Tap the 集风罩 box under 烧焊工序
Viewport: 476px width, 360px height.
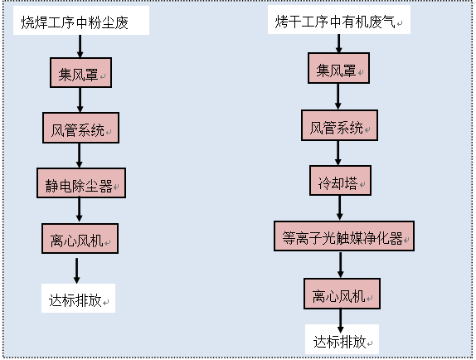pyautogui.click(x=80, y=73)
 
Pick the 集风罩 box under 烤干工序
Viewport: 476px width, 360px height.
pyautogui.click(x=339, y=68)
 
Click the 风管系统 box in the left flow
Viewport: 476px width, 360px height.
pyautogui.click(x=80, y=128)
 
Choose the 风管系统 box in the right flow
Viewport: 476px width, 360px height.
pyautogui.click(x=339, y=125)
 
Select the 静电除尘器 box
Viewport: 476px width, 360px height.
pyautogui.click(x=81, y=183)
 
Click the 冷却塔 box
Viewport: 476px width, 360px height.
pyautogui.click(x=340, y=180)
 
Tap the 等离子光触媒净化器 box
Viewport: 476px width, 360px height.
pyautogui.click(x=344, y=236)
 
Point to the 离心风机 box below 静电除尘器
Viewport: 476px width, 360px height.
pyautogui.click(x=80, y=239)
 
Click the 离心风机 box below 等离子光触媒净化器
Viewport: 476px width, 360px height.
pyautogui.click(x=342, y=294)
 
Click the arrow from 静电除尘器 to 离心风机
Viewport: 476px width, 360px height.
pyautogui.click(x=80, y=210)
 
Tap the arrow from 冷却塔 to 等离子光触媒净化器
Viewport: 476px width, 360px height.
pyautogui.click(x=340, y=208)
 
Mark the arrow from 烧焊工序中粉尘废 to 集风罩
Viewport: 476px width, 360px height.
pyautogui.click(x=80, y=46)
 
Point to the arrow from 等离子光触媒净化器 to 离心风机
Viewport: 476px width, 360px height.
pyautogui.click(x=341, y=265)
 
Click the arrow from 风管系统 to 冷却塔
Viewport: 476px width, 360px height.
pyautogui.click(x=338, y=153)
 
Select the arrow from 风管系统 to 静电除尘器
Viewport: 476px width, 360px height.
pyautogui.click(x=80, y=155)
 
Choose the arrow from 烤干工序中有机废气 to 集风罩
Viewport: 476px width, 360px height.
pyautogui.click(x=339, y=44)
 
